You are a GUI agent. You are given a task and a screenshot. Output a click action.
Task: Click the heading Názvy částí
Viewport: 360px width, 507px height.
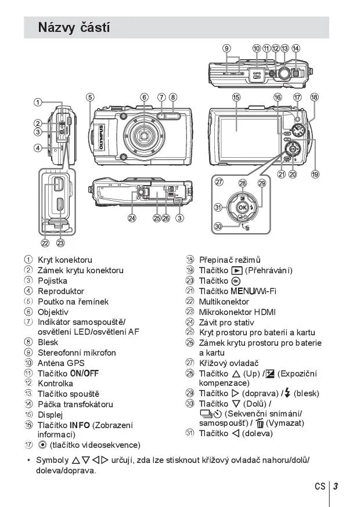click(74, 27)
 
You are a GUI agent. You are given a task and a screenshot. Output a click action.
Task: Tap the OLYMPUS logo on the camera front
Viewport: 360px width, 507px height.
click(101, 137)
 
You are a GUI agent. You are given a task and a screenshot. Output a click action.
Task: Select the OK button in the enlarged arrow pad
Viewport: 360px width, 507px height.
click(243, 207)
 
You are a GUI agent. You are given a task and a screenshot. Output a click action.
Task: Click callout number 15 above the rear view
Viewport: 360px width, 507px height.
click(236, 97)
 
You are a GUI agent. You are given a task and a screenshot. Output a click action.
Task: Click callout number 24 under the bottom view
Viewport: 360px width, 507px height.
click(132, 218)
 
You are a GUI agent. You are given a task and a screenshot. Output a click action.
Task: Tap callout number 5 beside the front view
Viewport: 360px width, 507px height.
click(90, 97)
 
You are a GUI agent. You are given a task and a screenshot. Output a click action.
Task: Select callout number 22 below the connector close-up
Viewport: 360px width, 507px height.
click(45, 243)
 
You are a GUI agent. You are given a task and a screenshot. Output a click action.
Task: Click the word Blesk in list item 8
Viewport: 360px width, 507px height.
click(48, 342)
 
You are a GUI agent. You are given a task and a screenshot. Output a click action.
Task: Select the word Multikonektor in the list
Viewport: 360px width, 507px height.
click(224, 302)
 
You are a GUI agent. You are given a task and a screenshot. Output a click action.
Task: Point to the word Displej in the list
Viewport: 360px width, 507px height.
click(51, 415)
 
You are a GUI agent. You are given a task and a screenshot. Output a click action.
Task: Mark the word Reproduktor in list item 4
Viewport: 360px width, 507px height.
click(61, 291)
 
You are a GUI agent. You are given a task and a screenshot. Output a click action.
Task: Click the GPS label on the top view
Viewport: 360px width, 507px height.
click(257, 74)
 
